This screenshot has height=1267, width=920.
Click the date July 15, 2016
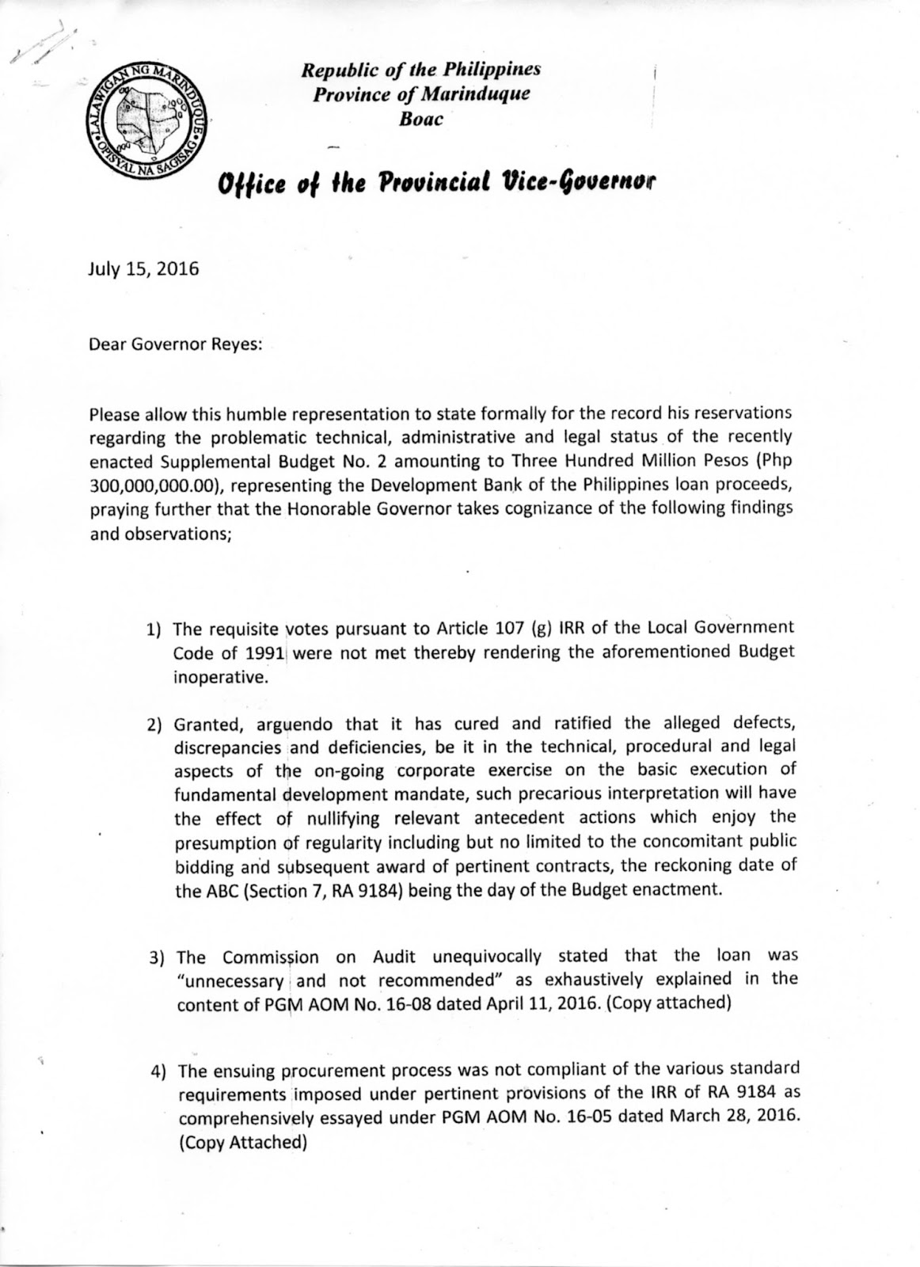coord(143,268)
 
